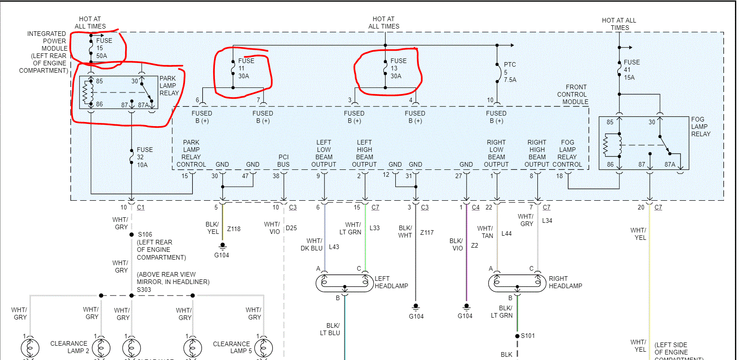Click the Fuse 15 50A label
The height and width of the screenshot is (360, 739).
104,48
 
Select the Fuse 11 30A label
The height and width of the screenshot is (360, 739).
245,68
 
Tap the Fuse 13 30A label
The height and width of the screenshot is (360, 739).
398,68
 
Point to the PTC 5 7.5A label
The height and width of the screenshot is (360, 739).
509,72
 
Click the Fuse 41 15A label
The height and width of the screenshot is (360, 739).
631,70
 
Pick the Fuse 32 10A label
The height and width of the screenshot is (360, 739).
144,157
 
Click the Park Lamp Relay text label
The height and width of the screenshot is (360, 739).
169,86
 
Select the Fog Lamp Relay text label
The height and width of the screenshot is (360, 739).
700,127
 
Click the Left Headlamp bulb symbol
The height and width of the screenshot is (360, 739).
344,283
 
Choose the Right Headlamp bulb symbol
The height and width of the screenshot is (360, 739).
517,283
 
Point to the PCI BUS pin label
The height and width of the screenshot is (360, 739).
283,161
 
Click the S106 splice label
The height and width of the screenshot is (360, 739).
145,234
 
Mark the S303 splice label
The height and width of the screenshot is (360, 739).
144,290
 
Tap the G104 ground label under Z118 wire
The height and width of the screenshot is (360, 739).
221,255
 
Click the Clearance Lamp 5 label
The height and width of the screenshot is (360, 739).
231,347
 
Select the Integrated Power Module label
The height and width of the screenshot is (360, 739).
46,52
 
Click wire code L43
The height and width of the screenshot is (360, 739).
334,247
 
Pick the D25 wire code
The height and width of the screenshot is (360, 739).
291,228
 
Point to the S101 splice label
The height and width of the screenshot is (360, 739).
528,336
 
